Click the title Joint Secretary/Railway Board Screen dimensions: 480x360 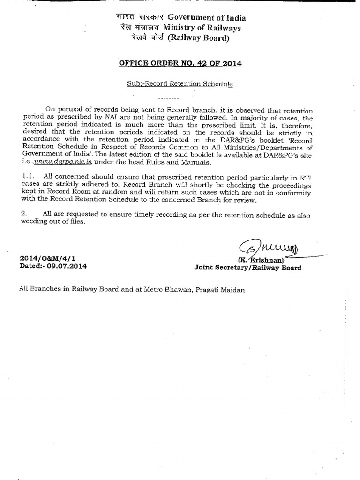[247, 268]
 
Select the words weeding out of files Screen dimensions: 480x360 [52, 221]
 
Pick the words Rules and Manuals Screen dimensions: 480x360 [177, 163]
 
